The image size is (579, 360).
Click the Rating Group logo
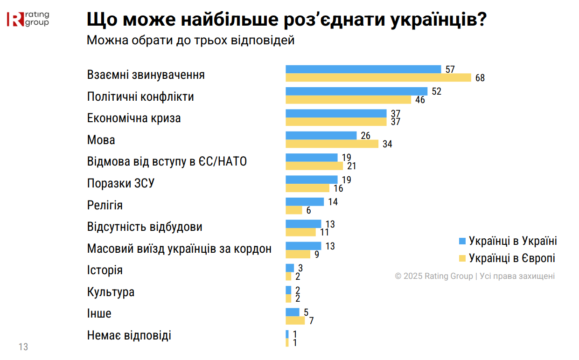point(28,19)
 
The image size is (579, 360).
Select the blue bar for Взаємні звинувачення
point(363,69)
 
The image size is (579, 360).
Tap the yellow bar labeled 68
point(378,77)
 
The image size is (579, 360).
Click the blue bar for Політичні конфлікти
point(356,91)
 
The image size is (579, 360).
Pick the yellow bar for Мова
point(332,144)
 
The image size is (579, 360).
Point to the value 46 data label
point(420,100)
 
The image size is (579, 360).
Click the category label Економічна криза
point(134,118)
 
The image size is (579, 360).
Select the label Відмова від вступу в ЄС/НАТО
point(167,162)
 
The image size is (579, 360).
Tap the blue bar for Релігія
point(305,202)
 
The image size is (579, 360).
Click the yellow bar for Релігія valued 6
point(293,210)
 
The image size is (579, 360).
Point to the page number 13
point(23,347)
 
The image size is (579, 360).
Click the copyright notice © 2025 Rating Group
point(474,276)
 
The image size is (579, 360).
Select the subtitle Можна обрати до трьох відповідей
point(190,41)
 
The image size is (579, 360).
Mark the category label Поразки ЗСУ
point(121,184)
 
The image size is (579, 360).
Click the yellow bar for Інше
point(295,320)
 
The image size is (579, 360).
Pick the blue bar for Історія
point(290,268)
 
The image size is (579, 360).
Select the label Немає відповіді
point(129,335)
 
